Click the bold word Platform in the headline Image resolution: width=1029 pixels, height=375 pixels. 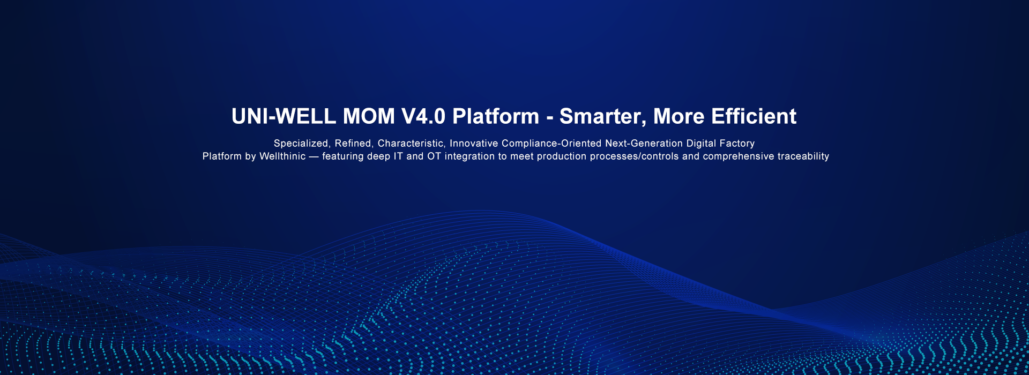pos(496,116)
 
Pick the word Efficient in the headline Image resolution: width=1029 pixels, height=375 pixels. pos(754,116)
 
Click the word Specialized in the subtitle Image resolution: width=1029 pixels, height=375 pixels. pos(301,144)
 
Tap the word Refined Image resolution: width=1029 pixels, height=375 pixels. pos(353,144)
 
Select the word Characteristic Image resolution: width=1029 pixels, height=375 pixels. pos(411,144)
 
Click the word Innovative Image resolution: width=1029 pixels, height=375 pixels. pos(474,144)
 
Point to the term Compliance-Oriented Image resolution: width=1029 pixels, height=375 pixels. pos(551,144)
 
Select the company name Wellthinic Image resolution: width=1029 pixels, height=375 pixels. pos(282,156)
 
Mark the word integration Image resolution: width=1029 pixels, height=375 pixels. pos(470,156)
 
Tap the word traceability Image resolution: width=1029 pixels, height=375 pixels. pos(803,156)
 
